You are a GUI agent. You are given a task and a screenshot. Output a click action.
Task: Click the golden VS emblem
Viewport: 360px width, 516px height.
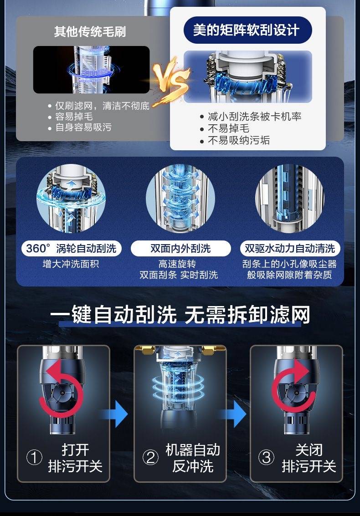pos(171,79)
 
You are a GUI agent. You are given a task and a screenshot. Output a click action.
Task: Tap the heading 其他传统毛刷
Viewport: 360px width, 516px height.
pos(90,32)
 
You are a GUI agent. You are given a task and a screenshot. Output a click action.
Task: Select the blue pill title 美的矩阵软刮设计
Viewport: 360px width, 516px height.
pos(247,30)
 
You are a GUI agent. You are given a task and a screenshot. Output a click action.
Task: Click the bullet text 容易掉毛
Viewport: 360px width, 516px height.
pos(74,117)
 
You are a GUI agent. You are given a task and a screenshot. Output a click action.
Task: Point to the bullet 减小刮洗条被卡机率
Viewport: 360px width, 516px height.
pos(255,116)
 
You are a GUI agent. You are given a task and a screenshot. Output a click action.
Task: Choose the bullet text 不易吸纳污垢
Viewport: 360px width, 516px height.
pos(239,141)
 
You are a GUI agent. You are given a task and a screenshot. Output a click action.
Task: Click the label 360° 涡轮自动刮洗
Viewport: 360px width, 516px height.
pos(71,248)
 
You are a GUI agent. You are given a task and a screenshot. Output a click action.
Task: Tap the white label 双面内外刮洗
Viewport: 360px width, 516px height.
pos(180,248)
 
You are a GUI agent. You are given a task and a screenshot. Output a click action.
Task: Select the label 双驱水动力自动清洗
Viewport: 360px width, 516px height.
pos(290,248)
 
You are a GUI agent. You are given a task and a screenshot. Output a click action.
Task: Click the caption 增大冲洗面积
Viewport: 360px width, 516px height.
pos(71,264)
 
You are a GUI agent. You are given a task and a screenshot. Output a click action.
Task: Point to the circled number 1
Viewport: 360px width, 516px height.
pos(34,457)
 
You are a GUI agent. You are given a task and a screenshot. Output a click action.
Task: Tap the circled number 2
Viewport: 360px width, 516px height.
pos(150,457)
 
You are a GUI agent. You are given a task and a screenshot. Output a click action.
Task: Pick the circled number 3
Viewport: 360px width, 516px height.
pos(266,457)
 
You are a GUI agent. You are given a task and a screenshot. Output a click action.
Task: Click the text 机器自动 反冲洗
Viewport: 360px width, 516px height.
pos(193,458)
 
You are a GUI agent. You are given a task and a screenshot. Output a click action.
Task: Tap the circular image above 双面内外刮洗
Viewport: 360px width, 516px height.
pos(180,199)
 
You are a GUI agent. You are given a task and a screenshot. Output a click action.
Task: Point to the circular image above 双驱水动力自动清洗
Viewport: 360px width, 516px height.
pos(290,199)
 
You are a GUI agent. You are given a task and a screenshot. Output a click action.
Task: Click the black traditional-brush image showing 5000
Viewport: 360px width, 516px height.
pos(91,70)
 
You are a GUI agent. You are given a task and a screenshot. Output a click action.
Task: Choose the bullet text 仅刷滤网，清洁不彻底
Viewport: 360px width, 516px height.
pos(102,106)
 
